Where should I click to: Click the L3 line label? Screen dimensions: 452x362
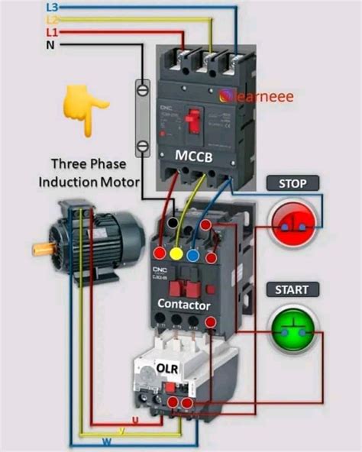[x=53, y=7]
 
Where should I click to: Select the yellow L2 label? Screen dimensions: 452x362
[x=53, y=19]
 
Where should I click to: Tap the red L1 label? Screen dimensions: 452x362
[x=53, y=32]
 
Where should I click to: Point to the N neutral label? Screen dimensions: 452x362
[x=50, y=45]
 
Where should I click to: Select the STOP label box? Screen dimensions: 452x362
[x=293, y=184]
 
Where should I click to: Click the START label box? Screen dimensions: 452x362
[x=291, y=290]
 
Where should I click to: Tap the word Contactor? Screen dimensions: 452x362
[x=183, y=305]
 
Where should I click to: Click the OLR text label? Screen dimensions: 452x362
[x=167, y=368]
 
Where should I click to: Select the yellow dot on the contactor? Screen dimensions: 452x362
[x=177, y=253]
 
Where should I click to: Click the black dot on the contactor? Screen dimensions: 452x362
[x=176, y=224]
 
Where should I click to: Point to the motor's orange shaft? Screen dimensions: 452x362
[x=42, y=248]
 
